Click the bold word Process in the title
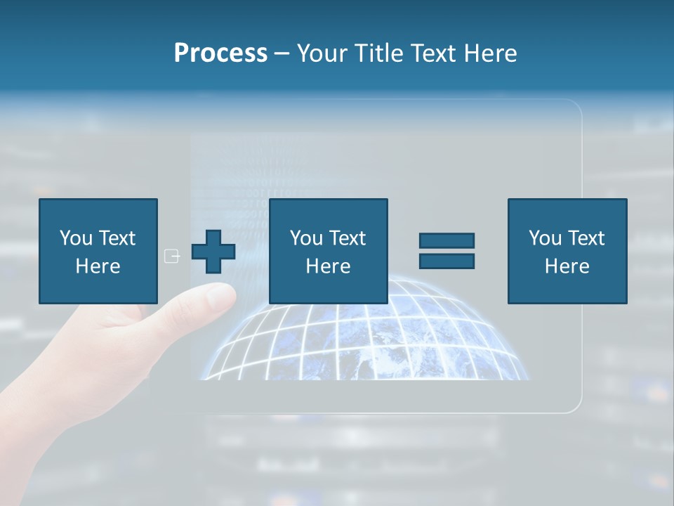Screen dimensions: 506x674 [x=220, y=53]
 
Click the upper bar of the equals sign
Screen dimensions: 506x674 [x=447, y=240]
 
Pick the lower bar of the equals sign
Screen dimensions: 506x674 [x=447, y=261]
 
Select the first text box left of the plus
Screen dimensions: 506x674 [x=98, y=251]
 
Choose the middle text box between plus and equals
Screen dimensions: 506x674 [x=328, y=251]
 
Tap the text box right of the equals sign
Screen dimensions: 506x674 [x=567, y=251]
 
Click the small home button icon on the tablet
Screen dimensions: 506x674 [x=171, y=256]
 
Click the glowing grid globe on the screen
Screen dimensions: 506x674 [x=365, y=337]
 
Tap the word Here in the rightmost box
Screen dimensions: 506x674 [x=567, y=266]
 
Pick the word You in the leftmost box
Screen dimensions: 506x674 [x=75, y=238]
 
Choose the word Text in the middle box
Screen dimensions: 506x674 [x=347, y=238]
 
